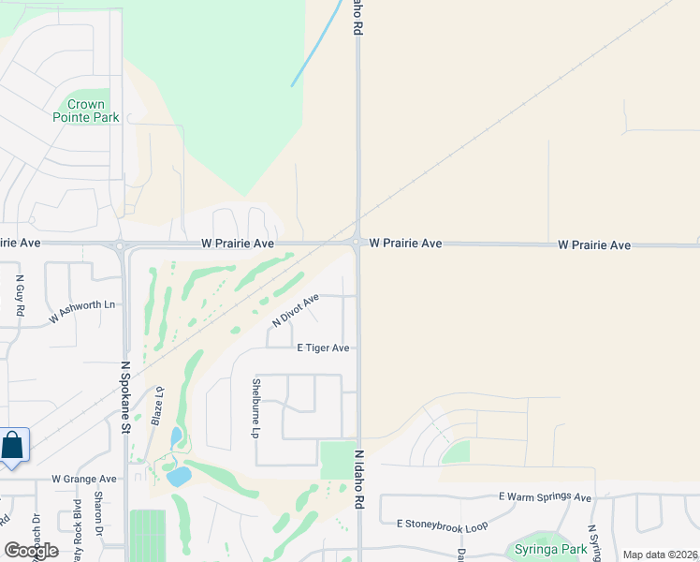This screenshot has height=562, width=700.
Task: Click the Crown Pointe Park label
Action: pyautogui.click(x=94, y=111)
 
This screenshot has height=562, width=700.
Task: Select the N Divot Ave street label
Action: pyautogui.click(x=296, y=310)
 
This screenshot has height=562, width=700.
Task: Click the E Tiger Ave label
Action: pyautogui.click(x=323, y=348)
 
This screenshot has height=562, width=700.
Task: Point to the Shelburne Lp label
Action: pyautogui.click(x=255, y=408)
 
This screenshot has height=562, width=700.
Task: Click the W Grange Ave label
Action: pyautogui.click(x=84, y=479)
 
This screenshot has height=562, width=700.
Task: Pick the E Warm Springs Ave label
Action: pyautogui.click(x=546, y=497)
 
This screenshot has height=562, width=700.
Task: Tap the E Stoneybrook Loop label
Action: pyautogui.click(x=443, y=525)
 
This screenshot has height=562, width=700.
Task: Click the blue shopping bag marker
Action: pyautogui.click(x=12, y=446)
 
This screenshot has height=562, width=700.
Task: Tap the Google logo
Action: pyautogui.click(x=31, y=551)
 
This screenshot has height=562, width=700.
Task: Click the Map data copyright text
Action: pyautogui.click(x=659, y=555)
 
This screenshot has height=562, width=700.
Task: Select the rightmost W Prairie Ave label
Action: pyautogui.click(x=594, y=245)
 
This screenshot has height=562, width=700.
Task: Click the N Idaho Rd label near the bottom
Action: pyautogui.click(x=358, y=480)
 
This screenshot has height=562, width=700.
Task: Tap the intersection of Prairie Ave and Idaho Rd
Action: pyautogui.click(x=357, y=244)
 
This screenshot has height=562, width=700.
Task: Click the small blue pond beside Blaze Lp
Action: pyautogui.click(x=176, y=436)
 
